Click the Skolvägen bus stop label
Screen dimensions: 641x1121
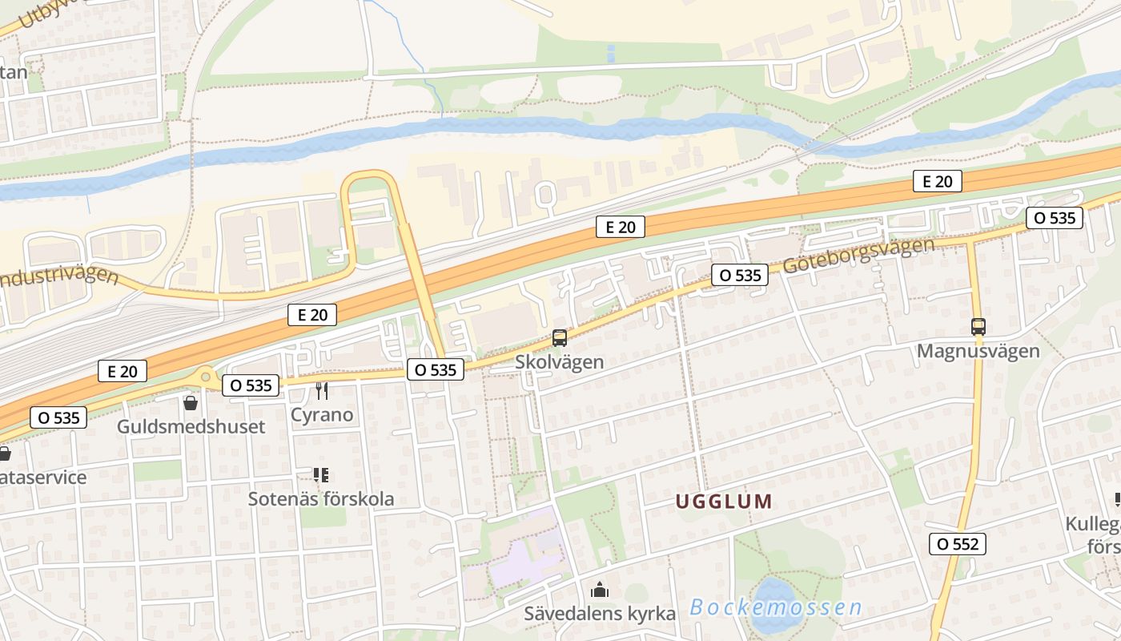tap(559, 362)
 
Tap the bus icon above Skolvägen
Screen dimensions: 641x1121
tap(560, 338)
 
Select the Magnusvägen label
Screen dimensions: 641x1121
tap(978, 351)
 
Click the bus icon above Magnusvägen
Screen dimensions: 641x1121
tap(978, 327)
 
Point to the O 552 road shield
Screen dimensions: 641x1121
tap(958, 545)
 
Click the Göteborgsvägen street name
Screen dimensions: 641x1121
tap(858, 256)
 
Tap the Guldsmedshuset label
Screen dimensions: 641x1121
tap(191, 426)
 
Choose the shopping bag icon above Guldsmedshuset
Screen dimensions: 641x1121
tap(191, 402)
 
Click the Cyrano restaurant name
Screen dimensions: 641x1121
tap(322, 414)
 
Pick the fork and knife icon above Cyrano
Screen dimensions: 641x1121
tap(322, 391)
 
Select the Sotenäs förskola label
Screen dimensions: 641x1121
tap(321, 498)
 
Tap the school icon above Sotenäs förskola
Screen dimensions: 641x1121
tap(321, 475)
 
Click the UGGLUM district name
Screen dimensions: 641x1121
tap(724, 502)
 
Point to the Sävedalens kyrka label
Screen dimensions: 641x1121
tap(600, 614)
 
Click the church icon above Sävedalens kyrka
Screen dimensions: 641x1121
tap(600, 591)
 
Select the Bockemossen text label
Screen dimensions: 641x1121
tap(775, 607)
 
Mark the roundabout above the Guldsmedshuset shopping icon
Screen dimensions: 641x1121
tap(207, 375)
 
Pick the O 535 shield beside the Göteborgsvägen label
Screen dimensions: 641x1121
tap(740, 275)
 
